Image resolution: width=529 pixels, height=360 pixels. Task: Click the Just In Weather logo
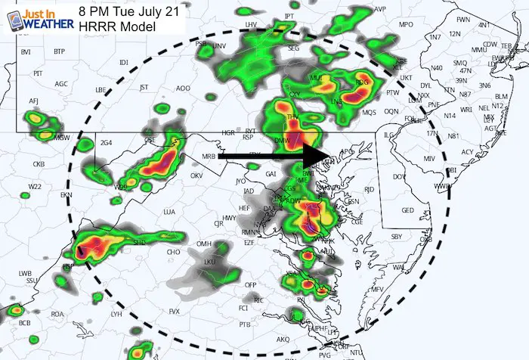36,19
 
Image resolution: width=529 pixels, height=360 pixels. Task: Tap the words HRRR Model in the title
116,26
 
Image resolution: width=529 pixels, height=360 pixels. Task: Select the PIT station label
38,73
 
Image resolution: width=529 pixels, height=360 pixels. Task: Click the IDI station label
125,62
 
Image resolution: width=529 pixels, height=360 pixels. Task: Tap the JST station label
144,87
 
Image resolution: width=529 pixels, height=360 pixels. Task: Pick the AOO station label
183,88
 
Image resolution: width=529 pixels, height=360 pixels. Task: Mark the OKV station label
197,175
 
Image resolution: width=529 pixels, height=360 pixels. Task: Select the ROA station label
57,314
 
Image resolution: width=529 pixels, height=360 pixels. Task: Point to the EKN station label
67,195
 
